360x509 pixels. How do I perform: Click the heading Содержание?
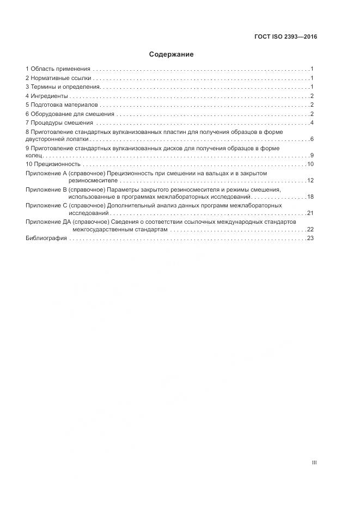(x=171, y=54)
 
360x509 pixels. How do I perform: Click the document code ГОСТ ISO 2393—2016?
(x=286, y=37)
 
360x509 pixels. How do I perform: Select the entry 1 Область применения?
(x=58, y=69)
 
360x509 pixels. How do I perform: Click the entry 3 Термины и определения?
(x=63, y=87)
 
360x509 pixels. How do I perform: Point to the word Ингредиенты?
(x=49, y=96)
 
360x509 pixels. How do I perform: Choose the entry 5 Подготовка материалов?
(x=61, y=105)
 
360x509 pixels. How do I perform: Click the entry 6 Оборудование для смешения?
(x=70, y=114)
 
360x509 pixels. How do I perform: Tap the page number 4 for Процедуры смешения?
(x=312, y=122)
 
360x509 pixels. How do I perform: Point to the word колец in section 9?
(x=33, y=156)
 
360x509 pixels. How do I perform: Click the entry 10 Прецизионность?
(x=53, y=164)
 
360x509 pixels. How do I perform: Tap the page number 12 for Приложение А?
(x=310, y=180)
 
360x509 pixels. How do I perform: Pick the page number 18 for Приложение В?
(x=310, y=197)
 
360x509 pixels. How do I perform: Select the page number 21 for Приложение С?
(x=310, y=213)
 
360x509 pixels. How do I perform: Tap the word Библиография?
(x=46, y=238)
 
